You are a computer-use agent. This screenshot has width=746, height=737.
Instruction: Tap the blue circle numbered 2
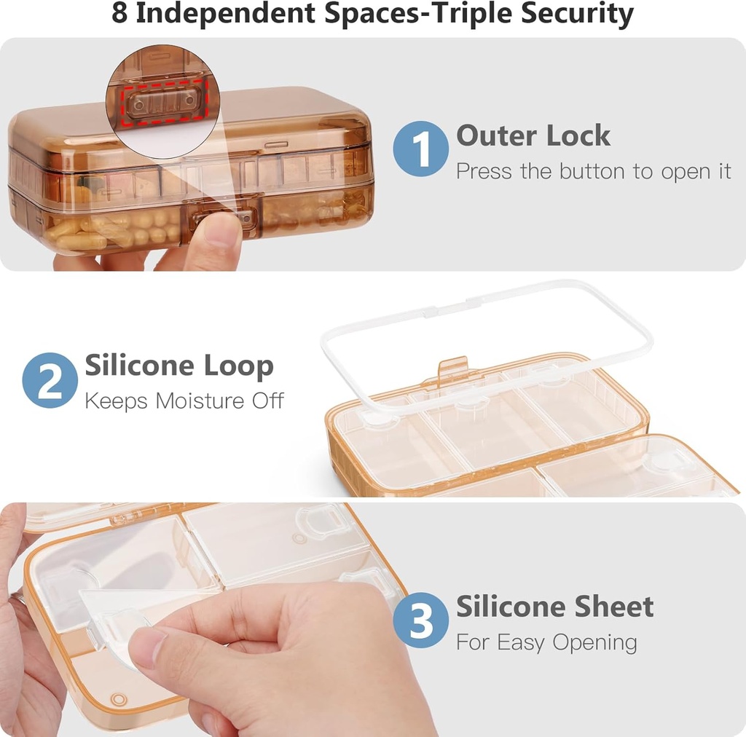coord(50,380)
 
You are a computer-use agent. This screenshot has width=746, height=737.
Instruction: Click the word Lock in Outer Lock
coord(576,136)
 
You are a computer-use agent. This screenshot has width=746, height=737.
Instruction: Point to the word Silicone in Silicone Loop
coord(138,366)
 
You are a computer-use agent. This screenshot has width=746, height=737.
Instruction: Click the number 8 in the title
coord(120,14)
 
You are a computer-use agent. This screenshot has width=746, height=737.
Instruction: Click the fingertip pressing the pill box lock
coord(221,233)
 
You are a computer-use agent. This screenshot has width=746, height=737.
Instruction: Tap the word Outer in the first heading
coord(495,136)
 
